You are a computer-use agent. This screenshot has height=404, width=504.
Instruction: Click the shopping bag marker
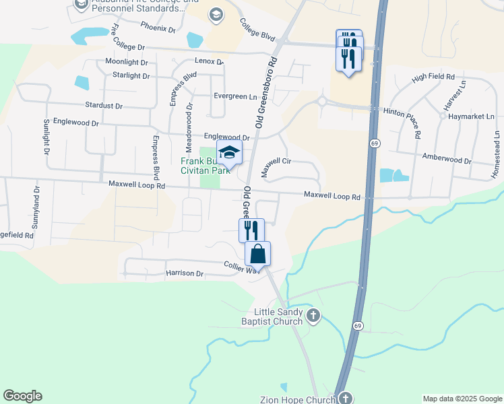tap(257, 254)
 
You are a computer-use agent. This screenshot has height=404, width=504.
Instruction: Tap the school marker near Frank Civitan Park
tap(229, 153)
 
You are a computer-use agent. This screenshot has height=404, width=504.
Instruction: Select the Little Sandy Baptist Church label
tap(280, 316)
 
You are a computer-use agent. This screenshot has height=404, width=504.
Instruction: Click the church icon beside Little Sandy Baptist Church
tap(313, 314)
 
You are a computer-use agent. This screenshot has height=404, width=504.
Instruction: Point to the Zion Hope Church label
tap(298, 400)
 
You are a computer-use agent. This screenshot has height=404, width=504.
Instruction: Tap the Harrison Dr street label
tap(184, 273)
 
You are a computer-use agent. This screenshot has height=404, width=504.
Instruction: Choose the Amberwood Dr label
tap(447, 160)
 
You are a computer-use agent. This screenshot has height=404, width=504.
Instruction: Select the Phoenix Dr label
tap(158, 28)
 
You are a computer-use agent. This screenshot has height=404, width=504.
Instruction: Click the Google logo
tap(22, 396)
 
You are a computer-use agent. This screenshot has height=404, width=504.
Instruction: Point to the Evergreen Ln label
tap(235, 96)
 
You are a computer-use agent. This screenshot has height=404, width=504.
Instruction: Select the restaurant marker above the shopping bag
tap(251, 230)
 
